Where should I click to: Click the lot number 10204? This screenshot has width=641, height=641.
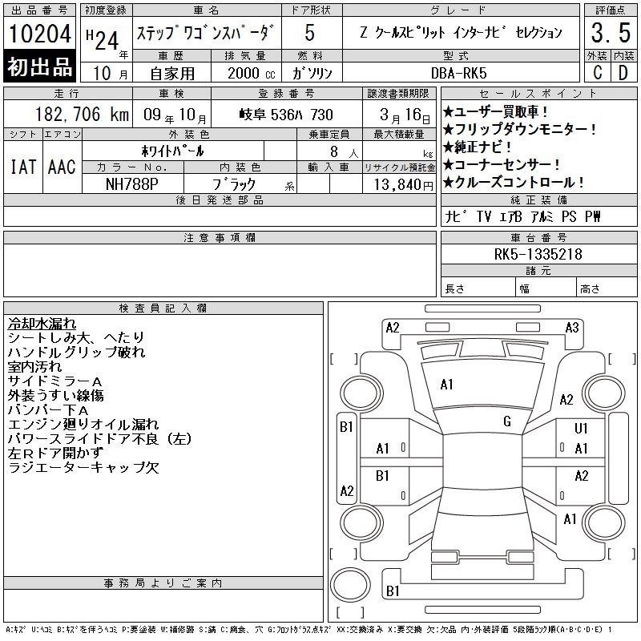[39, 33]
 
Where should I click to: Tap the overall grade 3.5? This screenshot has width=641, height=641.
[611, 32]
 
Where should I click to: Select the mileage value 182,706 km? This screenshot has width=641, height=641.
[82, 115]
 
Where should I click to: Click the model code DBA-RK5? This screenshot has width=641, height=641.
[459, 73]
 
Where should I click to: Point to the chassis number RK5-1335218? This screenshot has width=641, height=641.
[538, 254]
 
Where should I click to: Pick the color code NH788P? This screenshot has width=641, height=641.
[132, 184]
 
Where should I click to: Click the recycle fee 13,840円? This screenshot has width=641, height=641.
[404, 185]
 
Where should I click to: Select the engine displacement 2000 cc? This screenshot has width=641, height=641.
[251, 73]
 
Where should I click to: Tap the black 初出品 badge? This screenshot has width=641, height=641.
[39, 67]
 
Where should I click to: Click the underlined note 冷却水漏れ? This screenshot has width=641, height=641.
[42, 324]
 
